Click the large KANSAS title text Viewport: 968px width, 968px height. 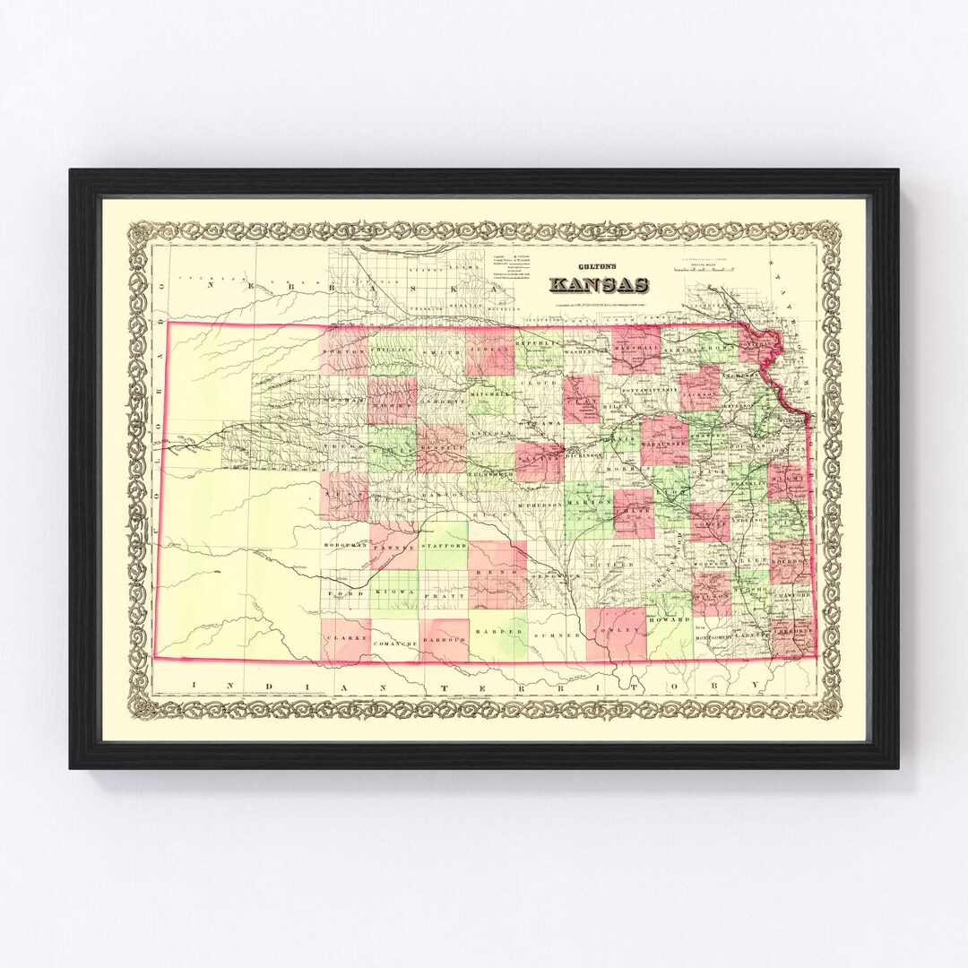(599, 285)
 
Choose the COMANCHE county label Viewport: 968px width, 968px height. (394, 644)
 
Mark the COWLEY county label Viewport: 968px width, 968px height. (617, 630)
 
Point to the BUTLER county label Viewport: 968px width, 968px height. (617, 566)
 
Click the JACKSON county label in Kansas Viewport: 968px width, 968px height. (700, 393)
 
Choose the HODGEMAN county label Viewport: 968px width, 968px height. (344, 545)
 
